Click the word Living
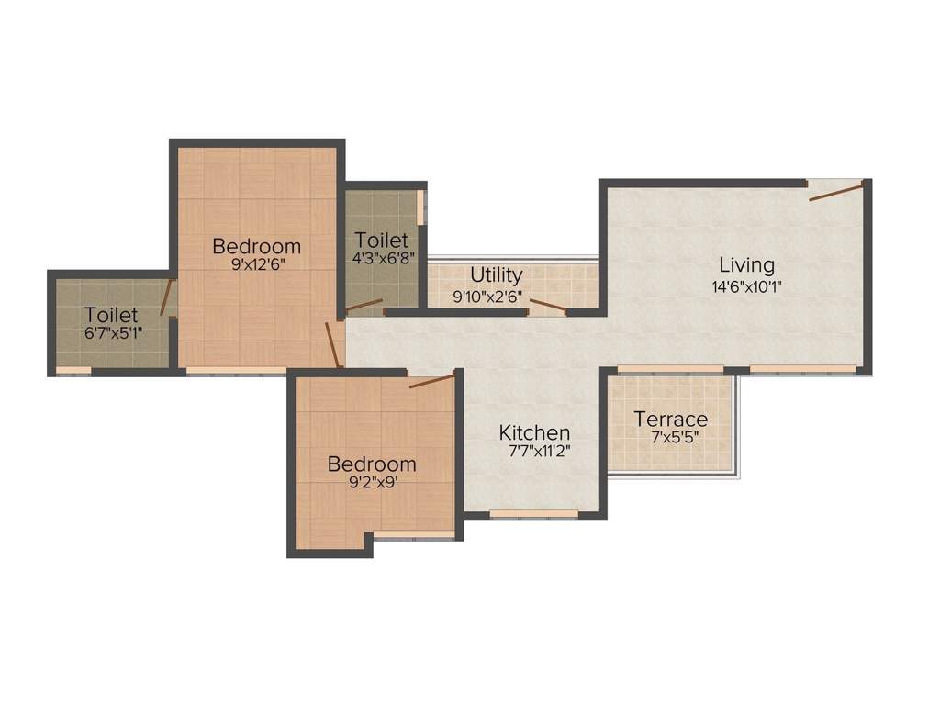click(x=746, y=265)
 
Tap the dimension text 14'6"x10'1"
click(x=746, y=285)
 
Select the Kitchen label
click(x=534, y=432)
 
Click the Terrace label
click(x=671, y=420)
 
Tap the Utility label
click(x=497, y=274)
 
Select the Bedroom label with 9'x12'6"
click(x=257, y=246)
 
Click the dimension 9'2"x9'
click(x=372, y=483)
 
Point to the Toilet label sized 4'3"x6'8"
click(x=382, y=241)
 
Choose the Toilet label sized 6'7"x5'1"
click(x=111, y=315)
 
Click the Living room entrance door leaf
click(x=836, y=191)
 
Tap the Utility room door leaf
click(x=547, y=306)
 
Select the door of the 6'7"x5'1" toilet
click(x=167, y=297)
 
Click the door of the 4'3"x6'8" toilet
click(x=364, y=305)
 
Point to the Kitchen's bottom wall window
click(x=533, y=515)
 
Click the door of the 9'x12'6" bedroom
click(x=333, y=344)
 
